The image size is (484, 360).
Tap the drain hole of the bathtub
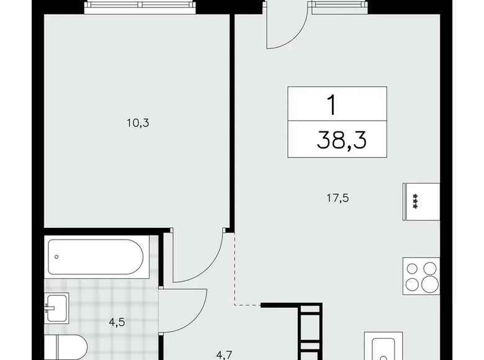(x=57, y=256)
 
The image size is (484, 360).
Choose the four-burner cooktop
(x=421, y=277)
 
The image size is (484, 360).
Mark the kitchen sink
(x=380, y=348)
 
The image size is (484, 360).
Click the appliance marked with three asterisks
(x=413, y=201)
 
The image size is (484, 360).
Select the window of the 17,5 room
(x=340, y=6)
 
